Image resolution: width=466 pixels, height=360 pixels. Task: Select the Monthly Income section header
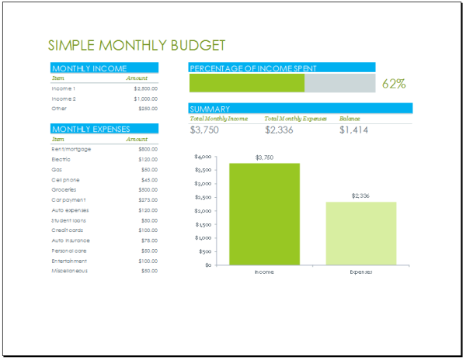[x=89, y=68]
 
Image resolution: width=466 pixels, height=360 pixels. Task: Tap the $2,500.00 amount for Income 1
[x=145, y=88]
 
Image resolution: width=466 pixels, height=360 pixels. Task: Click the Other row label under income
[x=59, y=109]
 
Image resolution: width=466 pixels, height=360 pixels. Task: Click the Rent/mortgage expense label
[x=70, y=148]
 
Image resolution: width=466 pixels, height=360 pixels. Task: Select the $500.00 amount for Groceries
[x=148, y=189]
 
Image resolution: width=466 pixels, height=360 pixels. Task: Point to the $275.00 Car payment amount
[x=148, y=199]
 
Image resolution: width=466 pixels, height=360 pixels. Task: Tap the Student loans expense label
[x=69, y=220]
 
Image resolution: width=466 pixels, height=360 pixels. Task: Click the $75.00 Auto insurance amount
[x=148, y=241]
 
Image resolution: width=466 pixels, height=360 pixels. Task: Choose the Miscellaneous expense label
[x=69, y=271]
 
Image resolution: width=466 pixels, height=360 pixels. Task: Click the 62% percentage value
[x=394, y=84]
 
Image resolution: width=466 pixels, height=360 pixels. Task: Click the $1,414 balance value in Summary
[x=355, y=130]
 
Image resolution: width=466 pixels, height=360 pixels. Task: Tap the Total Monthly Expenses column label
[x=295, y=119]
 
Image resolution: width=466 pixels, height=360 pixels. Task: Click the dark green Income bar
[x=264, y=214]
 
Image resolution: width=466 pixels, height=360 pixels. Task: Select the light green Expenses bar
[x=360, y=233]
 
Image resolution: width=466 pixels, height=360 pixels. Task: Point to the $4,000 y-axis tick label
[x=203, y=157]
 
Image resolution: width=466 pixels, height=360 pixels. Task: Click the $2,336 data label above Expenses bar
[x=360, y=196]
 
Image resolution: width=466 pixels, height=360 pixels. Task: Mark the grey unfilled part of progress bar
[x=339, y=84]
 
